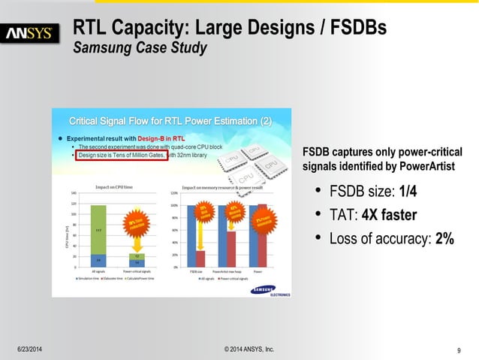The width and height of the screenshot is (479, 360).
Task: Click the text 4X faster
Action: click(x=389, y=216)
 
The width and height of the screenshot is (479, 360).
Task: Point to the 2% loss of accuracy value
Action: click(x=444, y=239)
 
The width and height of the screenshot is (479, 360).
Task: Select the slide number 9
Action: click(x=458, y=349)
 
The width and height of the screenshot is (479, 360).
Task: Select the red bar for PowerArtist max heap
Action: click(x=231, y=249)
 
